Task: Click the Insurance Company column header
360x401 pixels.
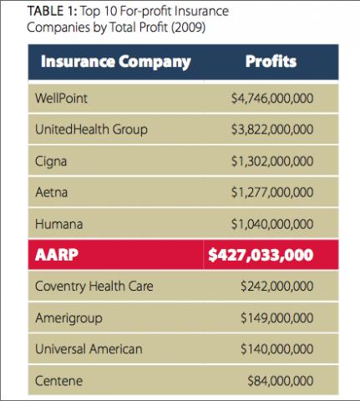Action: [116, 62]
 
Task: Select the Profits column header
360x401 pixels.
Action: [271, 62]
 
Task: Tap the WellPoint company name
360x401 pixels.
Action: [61, 99]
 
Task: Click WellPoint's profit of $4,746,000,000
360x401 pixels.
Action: [272, 99]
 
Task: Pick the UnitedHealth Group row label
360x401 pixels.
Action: [91, 129]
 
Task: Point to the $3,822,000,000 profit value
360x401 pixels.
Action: [272, 129]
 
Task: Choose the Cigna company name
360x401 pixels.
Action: [51, 161]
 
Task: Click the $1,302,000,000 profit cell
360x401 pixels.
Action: [272, 161]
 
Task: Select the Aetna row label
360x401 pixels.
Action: [52, 192]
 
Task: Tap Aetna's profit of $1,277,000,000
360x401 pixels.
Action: [272, 192]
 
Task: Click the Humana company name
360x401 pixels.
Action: [59, 224]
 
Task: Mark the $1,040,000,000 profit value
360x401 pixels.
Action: [272, 224]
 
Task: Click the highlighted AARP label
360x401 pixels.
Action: [57, 255]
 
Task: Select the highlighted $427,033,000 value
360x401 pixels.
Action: [261, 255]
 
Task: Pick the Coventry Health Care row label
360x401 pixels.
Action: [94, 287]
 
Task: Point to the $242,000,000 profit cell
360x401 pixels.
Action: [277, 287]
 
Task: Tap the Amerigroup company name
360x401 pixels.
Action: [68, 318]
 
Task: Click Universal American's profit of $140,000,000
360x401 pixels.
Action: [277, 349]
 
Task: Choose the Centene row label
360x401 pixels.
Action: [59, 381]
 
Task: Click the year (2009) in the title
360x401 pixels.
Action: [188, 28]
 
